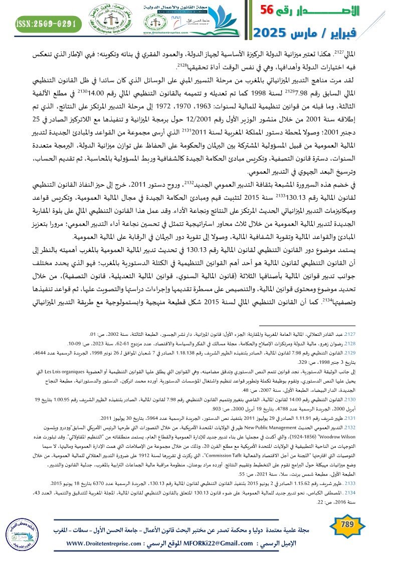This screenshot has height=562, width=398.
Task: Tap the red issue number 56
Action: click(x=272, y=10)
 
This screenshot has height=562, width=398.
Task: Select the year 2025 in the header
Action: click(x=272, y=34)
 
